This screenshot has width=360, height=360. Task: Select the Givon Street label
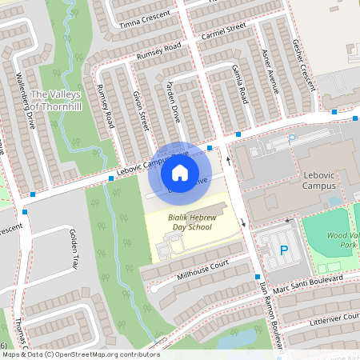(140, 109)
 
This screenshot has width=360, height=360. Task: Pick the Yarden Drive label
(174, 102)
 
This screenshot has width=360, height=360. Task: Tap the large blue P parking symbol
(284, 250)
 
